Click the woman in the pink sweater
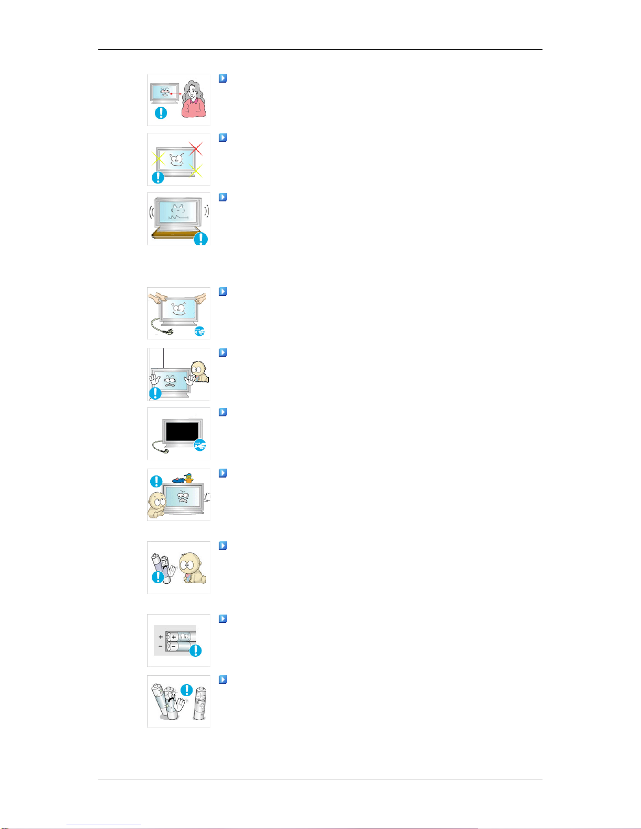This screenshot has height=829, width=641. [193, 99]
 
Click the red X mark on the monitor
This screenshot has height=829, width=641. [195, 149]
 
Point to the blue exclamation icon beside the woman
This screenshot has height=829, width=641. [161, 112]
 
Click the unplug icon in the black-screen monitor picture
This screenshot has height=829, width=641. [200, 445]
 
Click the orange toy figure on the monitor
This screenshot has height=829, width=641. [188, 477]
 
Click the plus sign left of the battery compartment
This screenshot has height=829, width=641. [161, 637]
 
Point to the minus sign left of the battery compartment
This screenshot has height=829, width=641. [161, 646]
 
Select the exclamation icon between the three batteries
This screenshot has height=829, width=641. [186, 690]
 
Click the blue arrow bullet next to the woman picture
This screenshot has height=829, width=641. [223, 78]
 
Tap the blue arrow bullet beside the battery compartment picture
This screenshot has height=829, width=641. [223, 619]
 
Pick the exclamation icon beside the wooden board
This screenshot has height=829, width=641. [201, 239]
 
